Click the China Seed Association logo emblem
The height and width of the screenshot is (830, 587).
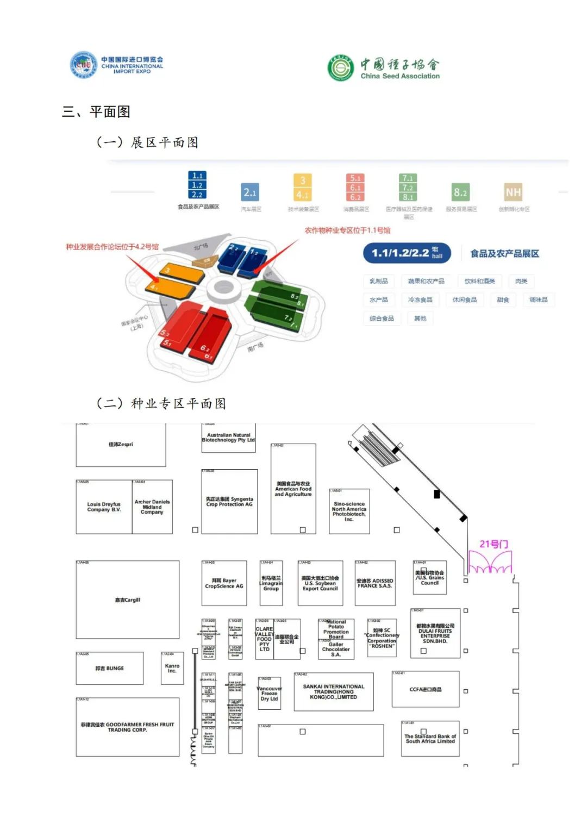tap(340, 68)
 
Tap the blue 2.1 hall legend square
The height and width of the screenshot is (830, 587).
tap(250, 192)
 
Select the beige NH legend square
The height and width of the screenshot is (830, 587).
tap(513, 192)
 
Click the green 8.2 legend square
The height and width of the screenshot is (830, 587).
tap(460, 192)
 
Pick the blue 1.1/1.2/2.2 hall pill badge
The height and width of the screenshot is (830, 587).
tap(407, 253)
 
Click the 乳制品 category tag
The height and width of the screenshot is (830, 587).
tap(379, 281)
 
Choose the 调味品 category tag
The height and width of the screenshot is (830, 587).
tap(538, 299)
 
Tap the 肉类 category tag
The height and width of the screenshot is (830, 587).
tap(521, 281)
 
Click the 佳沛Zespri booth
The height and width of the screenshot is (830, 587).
tap(121, 445)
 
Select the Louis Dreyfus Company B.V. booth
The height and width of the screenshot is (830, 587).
tap(104, 507)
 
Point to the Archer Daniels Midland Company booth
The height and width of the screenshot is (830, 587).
tap(152, 507)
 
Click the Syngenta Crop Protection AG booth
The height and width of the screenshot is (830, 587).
tap(229, 501)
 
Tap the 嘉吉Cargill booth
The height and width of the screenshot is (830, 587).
tap(127, 600)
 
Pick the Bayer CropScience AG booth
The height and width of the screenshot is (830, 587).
tap(224, 583)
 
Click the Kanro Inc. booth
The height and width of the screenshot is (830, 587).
tap(172, 668)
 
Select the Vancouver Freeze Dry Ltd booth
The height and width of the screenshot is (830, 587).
tap(269, 693)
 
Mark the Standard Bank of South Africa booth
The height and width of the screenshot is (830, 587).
tap(430, 739)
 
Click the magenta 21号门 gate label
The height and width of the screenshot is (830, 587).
tap(494, 544)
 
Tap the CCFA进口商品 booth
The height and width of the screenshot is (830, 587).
tap(426, 689)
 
